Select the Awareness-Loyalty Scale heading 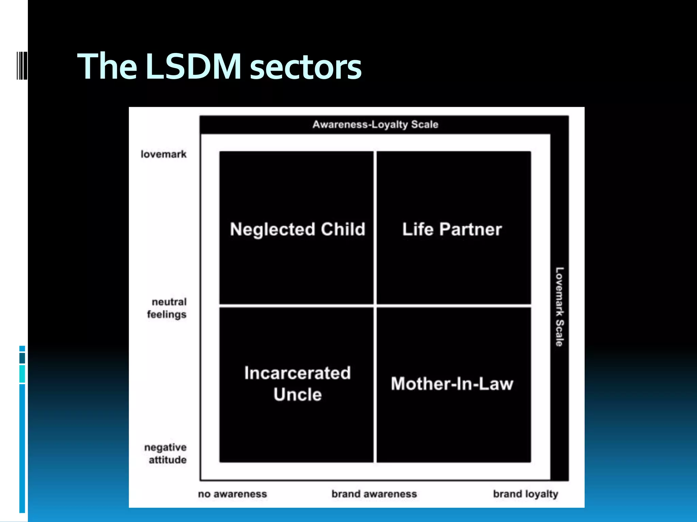[x=375, y=124]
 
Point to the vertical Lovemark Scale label [x=559, y=307]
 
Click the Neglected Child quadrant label [x=297, y=229]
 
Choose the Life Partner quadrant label [x=452, y=229]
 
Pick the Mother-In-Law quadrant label [x=452, y=384]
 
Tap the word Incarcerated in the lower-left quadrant [x=297, y=373]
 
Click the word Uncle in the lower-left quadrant [x=297, y=395]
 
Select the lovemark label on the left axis [x=164, y=154]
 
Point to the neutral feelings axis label [x=167, y=308]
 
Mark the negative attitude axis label [x=166, y=453]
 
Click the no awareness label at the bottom [x=232, y=494]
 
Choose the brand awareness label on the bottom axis [x=374, y=494]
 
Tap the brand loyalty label [x=525, y=494]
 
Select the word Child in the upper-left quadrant [x=343, y=229]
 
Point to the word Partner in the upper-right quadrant [x=470, y=229]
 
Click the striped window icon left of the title [x=22, y=66]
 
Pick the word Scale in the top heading [x=424, y=124]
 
